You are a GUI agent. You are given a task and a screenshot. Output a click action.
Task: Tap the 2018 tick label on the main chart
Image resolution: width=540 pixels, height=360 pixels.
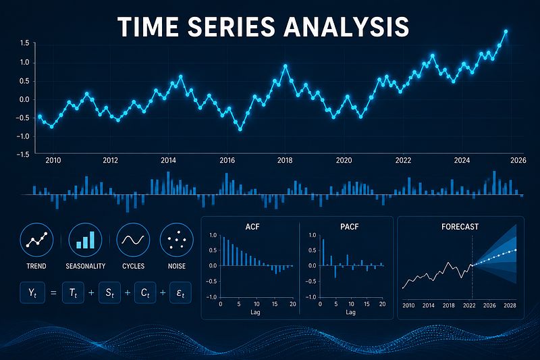[x=285, y=160]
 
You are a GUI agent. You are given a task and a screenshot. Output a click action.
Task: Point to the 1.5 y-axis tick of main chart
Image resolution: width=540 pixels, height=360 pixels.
[x=24, y=43]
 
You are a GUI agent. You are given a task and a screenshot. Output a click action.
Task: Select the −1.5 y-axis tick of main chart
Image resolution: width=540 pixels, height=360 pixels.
[x=22, y=155]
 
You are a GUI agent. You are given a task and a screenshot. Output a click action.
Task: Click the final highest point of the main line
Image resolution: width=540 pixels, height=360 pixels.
[x=506, y=32]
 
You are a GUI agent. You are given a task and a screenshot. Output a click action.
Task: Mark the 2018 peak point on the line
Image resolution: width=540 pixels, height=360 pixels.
[x=285, y=66]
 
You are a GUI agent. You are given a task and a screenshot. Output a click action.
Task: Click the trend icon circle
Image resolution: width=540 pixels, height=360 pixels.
[x=36, y=240]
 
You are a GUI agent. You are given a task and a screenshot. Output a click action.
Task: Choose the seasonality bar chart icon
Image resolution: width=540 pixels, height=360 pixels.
[x=85, y=240]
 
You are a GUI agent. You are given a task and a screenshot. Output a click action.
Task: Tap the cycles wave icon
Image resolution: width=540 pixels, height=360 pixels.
[x=133, y=240]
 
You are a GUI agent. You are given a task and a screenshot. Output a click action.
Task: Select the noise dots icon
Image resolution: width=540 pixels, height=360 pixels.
[x=177, y=240]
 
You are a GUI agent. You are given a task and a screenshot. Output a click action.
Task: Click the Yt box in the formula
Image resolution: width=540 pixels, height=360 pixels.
[x=32, y=293]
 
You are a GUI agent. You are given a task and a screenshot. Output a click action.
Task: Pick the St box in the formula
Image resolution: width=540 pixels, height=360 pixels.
[x=109, y=293]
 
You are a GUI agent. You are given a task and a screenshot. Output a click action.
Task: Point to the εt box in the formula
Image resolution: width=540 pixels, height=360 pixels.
[x=180, y=293]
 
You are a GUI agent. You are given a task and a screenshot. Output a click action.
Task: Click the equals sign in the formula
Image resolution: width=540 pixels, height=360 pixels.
[x=53, y=293]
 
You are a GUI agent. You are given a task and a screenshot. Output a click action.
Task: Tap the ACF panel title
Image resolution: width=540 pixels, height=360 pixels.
[x=252, y=227]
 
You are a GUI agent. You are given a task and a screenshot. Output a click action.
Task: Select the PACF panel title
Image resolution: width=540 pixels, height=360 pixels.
[x=349, y=227]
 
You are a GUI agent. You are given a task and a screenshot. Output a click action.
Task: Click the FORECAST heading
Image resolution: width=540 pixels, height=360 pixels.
[x=460, y=227]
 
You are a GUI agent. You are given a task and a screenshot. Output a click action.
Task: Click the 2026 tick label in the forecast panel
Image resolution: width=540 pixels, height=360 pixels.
[x=489, y=305]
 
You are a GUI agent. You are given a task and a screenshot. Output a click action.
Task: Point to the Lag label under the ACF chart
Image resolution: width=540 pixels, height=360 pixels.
[x=255, y=313]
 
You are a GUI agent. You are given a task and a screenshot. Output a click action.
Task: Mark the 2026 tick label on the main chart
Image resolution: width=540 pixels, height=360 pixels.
[x=518, y=160]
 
